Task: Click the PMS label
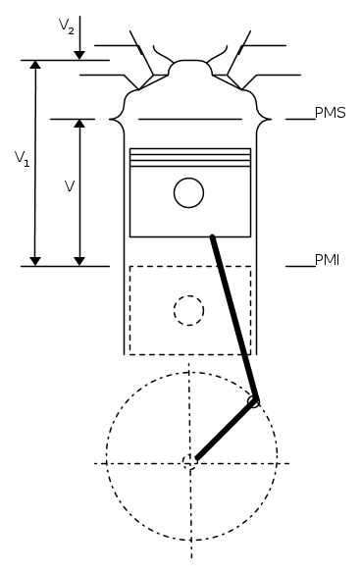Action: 330,113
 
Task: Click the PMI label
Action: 327,260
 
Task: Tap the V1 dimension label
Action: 22,159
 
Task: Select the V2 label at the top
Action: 67,26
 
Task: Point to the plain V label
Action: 70,186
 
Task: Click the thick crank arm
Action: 225,430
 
